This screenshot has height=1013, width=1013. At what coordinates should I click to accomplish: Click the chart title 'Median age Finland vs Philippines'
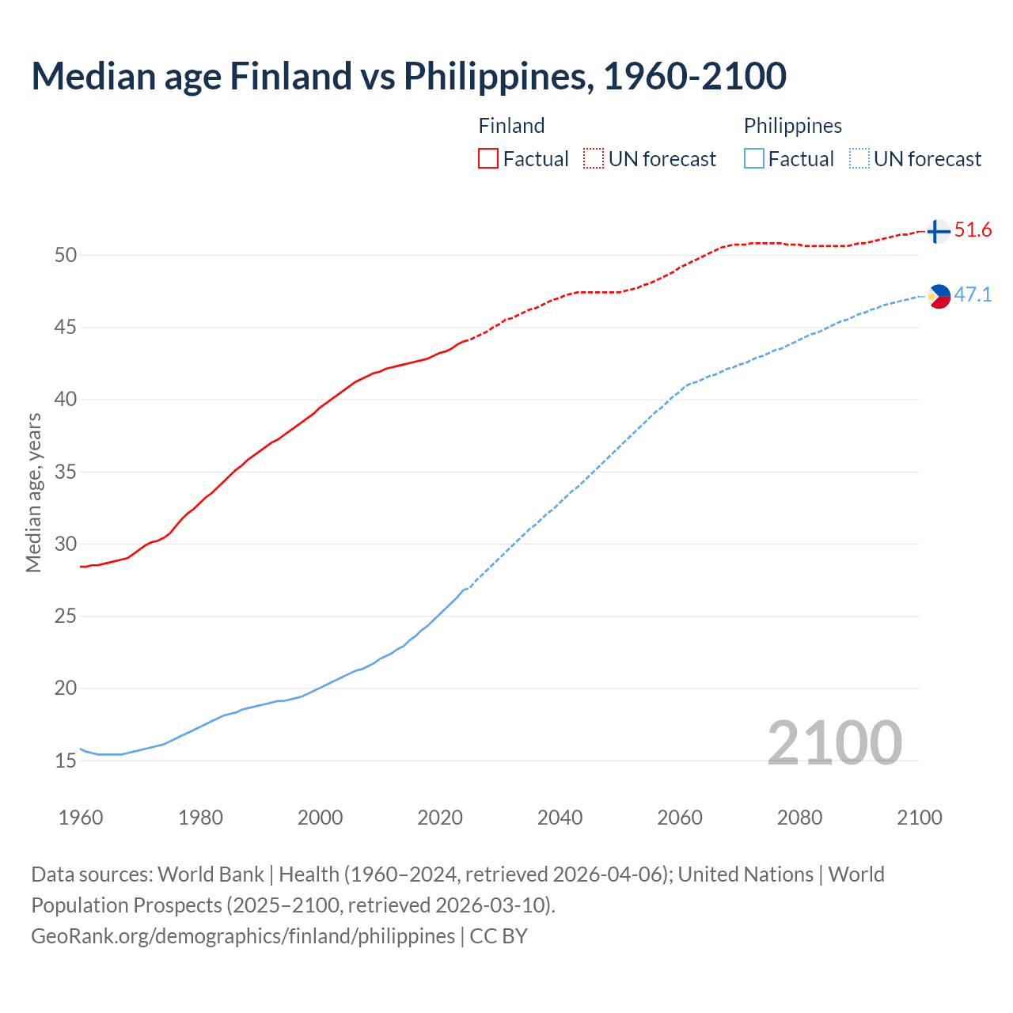408,76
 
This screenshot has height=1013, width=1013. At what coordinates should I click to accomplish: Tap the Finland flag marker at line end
938,231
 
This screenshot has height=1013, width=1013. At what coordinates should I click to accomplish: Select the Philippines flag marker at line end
939,296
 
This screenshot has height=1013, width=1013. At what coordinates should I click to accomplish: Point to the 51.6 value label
973,230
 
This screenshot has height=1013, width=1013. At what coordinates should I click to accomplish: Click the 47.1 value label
973,295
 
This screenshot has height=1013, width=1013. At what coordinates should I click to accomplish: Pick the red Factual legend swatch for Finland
488,158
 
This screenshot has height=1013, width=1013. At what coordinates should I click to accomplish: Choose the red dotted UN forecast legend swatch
594,158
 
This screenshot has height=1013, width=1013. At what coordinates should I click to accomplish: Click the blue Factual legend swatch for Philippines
754,158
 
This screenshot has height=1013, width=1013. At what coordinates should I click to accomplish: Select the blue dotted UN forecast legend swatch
859,158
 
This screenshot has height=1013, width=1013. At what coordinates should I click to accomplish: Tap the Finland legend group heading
511,126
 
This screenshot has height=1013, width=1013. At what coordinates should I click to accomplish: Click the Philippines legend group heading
792,126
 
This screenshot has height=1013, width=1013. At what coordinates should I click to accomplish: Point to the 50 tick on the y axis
65,255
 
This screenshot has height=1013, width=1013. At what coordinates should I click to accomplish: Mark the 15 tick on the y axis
65,761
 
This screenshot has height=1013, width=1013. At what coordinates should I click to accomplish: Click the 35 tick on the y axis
65,472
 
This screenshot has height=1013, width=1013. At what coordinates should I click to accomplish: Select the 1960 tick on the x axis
81,818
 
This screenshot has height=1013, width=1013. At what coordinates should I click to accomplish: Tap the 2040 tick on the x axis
560,818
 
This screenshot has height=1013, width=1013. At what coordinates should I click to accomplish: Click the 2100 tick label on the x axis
919,818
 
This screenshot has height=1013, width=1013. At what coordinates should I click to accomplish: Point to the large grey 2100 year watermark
834,742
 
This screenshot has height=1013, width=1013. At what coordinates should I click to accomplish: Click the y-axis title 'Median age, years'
33,492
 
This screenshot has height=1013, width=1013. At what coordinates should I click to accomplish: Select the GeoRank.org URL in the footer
243,936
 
